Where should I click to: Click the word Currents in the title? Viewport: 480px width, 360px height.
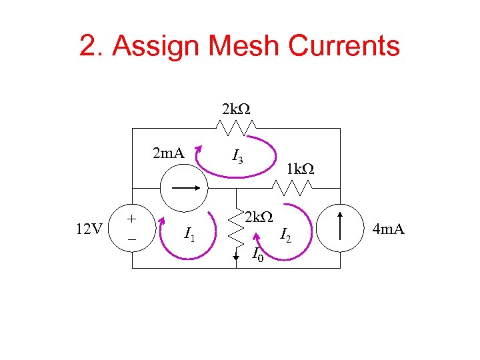(339, 46)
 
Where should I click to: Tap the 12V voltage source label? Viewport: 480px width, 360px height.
(89, 230)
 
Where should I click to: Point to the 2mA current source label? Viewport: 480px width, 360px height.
(168, 154)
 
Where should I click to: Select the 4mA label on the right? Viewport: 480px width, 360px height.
(389, 230)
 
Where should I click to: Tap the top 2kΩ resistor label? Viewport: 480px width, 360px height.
(235, 109)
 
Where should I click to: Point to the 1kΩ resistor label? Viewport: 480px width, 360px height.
(300, 169)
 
